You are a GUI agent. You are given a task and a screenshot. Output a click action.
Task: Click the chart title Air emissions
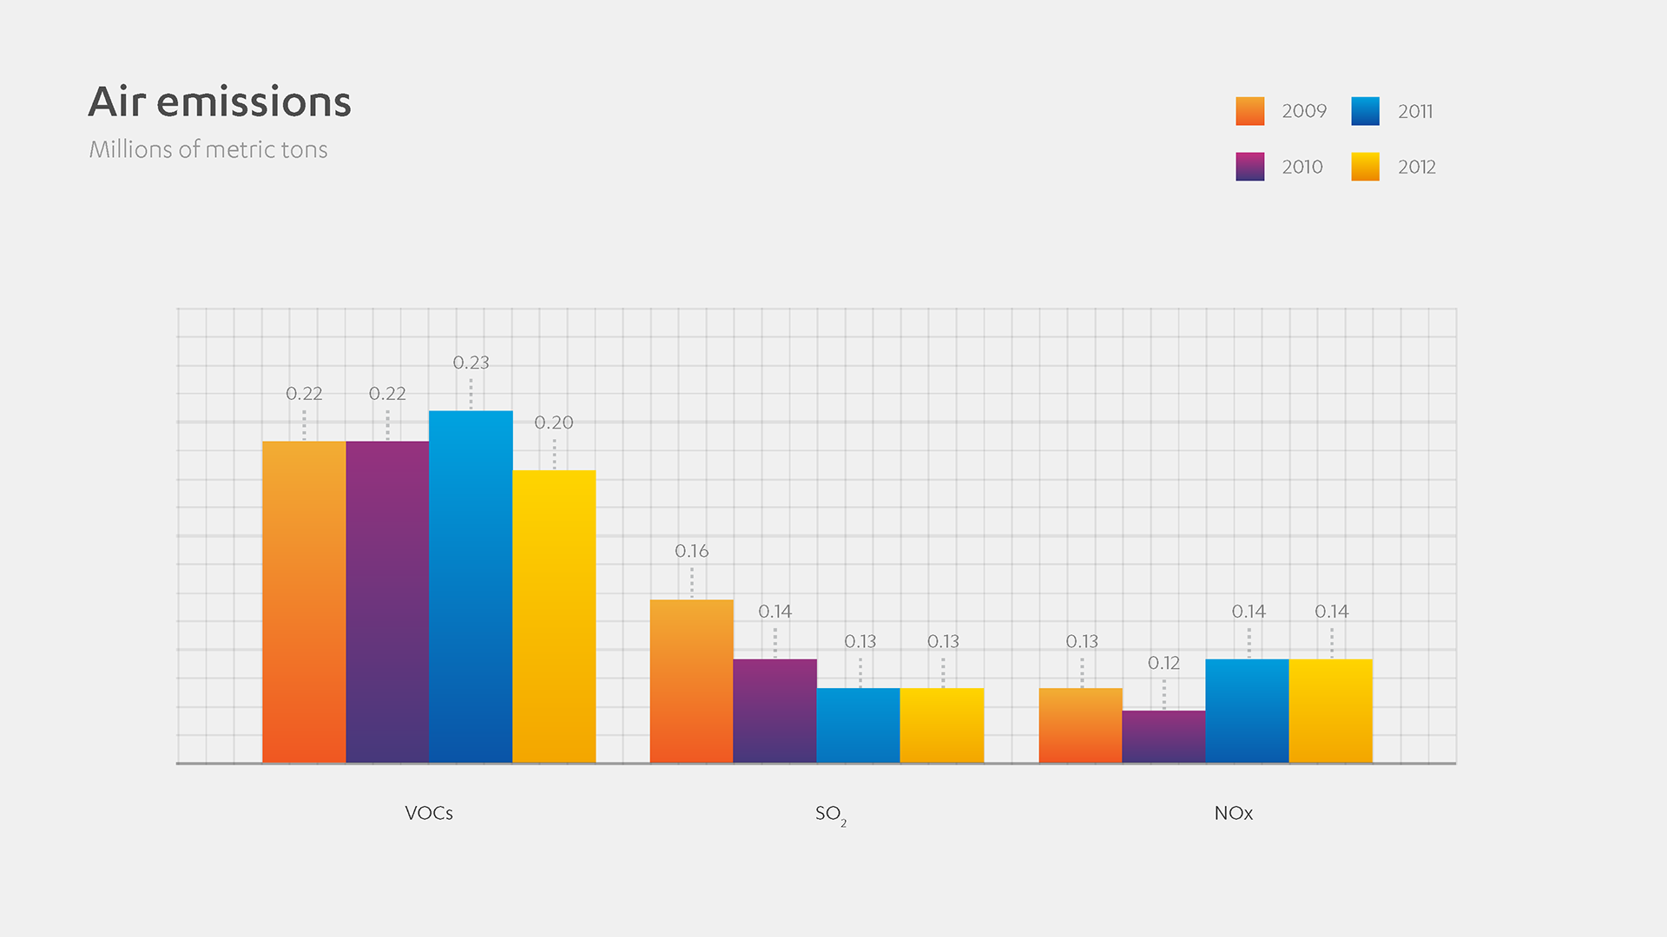pyautogui.click(x=220, y=102)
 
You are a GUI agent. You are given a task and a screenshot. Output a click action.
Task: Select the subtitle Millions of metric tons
pyautogui.click(x=208, y=149)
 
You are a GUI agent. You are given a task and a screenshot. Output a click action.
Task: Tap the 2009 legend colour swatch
pyautogui.click(x=1249, y=111)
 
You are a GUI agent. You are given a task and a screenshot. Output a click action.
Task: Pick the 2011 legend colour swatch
pyautogui.click(x=1365, y=111)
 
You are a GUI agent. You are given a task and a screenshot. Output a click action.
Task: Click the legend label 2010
pyautogui.click(x=1302, y=167)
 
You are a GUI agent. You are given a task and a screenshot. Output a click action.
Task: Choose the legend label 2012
pyautogui.click(x=1417, y=167)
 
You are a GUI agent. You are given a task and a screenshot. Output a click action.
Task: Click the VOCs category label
pyautogui.click(x=429, y=813)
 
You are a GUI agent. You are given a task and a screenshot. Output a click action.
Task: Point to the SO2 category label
pyautogui.click(x=830, y=814)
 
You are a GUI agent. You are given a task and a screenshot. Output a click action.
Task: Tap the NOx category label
pyautogui.click(x=1233, y=813)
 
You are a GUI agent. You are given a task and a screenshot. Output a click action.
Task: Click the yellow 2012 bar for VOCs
pyautogui.click(x=554, y=616)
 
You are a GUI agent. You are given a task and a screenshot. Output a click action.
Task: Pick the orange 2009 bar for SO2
pyautogui.click(x=691, y=681)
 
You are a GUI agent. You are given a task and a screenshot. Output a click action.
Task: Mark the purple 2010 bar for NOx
pyautogui.click(x=1163, y=737)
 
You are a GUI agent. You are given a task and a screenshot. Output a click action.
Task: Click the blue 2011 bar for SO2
pyautogui.click(x=858, y=725)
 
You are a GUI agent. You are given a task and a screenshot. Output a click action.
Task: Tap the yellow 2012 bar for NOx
pyautogui.click(x=1330, y=711)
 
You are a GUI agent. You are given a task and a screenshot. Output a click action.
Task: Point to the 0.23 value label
pyautogui.click(x=471, y=363)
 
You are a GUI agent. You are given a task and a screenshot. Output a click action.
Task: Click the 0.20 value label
pyautogui.click(x=554, y=423)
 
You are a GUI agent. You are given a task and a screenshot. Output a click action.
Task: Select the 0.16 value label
pyautogui.click(x=691, y=551)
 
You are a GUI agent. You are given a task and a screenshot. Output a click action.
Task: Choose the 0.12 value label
pyautogui.click(x=1163, y=663)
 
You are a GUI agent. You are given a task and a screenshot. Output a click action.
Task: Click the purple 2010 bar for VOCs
pyautogui.click(x=387, y=602)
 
